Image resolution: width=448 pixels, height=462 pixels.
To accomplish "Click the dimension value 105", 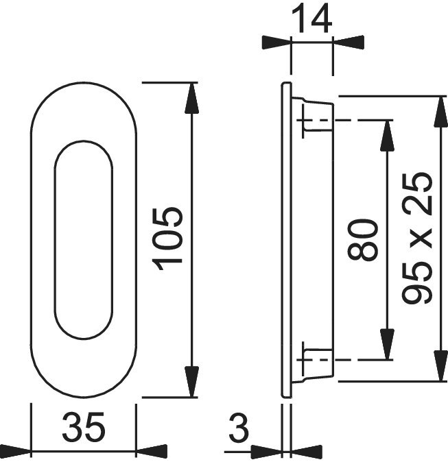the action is [167, 239].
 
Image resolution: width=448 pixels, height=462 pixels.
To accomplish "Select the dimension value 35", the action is [84, 427].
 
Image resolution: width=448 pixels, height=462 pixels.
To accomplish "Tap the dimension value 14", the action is [311, 19].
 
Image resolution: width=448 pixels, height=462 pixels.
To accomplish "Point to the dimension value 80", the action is [362, 239].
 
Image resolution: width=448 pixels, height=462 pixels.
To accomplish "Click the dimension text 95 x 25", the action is [416, 239].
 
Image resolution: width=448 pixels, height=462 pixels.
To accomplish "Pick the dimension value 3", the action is [239, 427].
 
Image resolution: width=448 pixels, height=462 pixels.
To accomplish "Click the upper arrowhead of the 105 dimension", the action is [191, 98].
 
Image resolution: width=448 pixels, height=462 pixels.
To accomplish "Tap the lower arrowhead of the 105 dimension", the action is [191, 382].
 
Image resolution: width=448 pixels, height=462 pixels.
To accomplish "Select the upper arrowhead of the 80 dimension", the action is [387, 136].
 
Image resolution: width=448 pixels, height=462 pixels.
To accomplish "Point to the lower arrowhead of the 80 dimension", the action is [387, 344].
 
